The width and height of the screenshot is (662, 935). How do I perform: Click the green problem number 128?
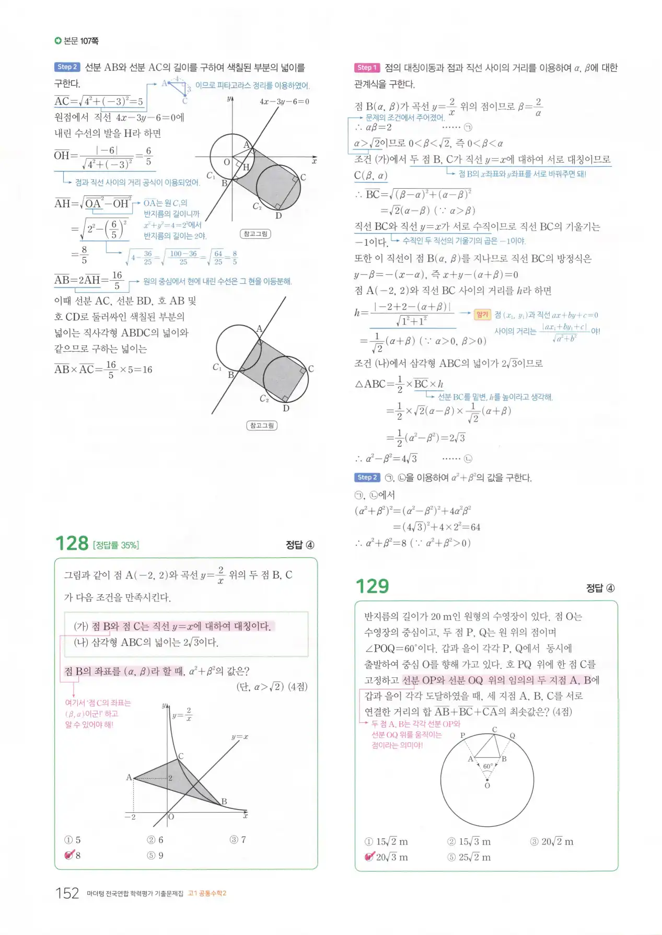(72, 544)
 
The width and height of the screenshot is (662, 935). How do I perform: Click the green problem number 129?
(372, 586)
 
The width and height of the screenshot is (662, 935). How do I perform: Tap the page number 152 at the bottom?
(67, 893)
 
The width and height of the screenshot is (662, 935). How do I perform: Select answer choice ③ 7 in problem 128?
(238, 840)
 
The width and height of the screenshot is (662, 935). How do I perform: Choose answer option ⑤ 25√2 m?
(469, 857)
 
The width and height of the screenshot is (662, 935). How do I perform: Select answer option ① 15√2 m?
(386, 841)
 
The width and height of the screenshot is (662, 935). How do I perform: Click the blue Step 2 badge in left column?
(67, 67)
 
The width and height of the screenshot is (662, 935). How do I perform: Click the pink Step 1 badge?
(367, 67)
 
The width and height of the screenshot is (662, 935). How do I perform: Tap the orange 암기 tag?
(482, 314)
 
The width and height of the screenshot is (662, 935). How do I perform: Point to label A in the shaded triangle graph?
(129, 777)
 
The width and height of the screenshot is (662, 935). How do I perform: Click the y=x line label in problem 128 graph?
(240, 737)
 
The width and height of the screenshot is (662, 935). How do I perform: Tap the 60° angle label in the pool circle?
(487, 766)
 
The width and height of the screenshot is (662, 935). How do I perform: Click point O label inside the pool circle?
(487, 786)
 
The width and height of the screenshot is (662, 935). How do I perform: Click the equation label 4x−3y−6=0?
(284, 101)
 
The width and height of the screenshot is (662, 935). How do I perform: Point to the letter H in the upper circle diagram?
(246, 167)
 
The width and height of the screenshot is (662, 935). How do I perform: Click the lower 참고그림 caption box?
(262, 425)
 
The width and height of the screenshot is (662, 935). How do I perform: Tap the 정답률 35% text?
(116, 545)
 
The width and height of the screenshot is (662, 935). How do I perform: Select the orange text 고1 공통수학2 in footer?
(207, 893)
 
